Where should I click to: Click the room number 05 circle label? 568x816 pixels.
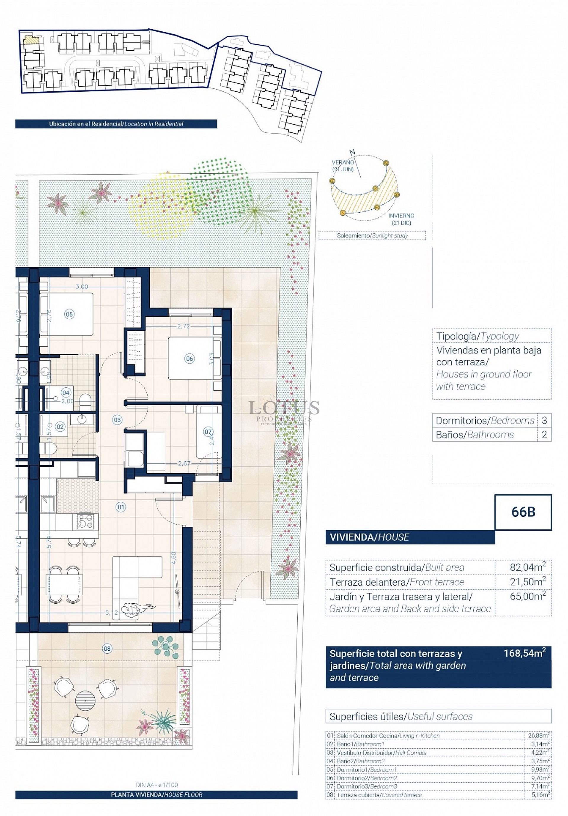(x=69, y=314)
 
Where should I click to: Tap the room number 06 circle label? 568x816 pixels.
(x=189, y=358)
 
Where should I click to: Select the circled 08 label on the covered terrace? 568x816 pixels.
(x=107, y=648)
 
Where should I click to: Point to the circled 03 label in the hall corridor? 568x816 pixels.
(x=117, y=420)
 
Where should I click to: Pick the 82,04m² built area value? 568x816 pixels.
(x=527, y=567)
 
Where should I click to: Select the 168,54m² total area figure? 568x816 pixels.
(x=525, y=653)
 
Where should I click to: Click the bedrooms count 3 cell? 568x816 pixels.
(x=544, y=421)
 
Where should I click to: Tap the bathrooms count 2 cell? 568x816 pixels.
(x=544, y=435)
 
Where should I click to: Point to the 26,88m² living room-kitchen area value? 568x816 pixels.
(x=538, y=735)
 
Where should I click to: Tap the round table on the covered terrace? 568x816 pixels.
(x=85, y=700)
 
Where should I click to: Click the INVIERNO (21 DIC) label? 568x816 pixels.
(x=401, y=219)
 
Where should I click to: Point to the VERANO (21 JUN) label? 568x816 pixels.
(x=343, y=166)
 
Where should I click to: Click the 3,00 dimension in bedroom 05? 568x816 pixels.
(x=81, y=287)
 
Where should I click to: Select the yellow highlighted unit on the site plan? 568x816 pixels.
(x=31, y=40)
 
